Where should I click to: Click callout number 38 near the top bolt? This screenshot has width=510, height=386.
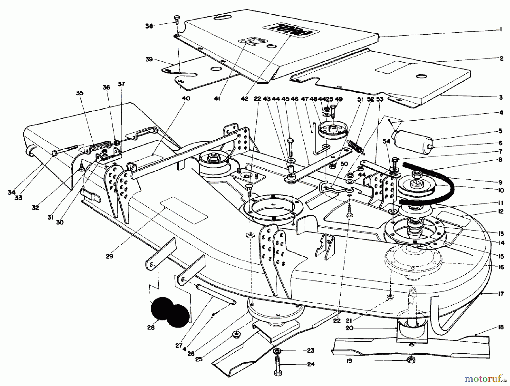pos(149,26)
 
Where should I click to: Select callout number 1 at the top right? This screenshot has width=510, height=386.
pos(501,29)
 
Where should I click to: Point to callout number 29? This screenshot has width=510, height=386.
pos(109,256)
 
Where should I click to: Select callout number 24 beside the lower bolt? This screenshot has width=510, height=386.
pos(311,364)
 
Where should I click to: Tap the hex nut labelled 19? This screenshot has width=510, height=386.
pos(410,360)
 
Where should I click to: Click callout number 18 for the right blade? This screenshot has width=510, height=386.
pos(501,327)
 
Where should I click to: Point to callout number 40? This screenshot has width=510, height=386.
pos(186,98)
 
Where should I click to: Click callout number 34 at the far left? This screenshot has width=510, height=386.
pos(11,193)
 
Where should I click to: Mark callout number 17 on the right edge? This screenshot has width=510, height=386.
pos(501,294)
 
